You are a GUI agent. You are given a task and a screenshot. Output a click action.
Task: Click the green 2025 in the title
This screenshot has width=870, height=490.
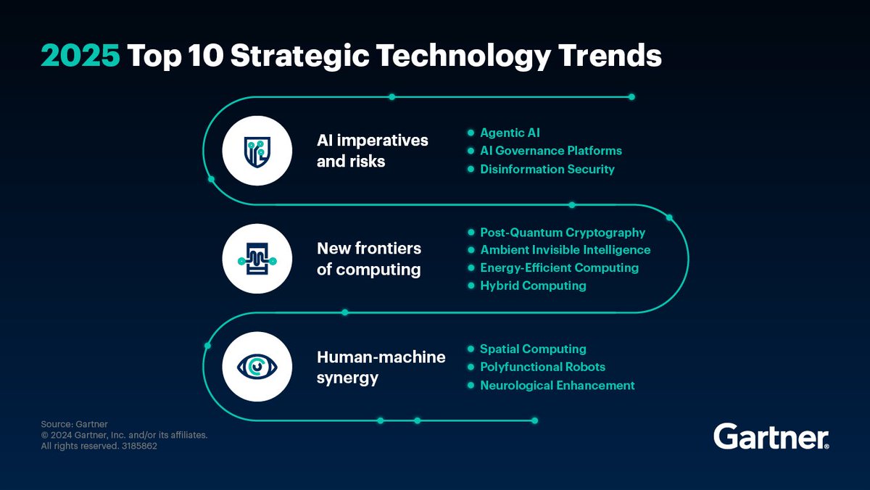[80, 57]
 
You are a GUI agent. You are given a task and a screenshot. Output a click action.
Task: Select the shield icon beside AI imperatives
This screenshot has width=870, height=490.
[257, 151]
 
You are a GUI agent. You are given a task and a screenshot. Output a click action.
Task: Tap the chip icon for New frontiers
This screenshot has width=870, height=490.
[257, 259]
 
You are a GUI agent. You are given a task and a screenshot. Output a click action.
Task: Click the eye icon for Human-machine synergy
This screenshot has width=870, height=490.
[257, 367]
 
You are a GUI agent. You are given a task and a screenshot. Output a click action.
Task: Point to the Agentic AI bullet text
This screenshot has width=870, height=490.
[510, 133]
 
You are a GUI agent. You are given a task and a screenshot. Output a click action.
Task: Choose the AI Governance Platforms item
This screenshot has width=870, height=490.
[550, 151]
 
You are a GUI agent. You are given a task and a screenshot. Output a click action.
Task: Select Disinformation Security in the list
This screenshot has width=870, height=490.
[547, 169]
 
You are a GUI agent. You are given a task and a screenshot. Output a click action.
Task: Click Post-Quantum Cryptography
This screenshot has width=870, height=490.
[562, 233]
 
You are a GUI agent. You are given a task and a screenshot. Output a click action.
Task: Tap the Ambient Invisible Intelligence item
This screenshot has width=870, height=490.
[565, 250]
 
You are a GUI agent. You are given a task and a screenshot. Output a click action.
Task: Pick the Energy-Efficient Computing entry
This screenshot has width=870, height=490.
[559, 267]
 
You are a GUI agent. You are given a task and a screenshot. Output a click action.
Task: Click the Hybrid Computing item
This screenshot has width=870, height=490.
[533, 286]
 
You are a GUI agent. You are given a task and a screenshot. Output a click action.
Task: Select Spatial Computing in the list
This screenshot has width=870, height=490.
[533, 349]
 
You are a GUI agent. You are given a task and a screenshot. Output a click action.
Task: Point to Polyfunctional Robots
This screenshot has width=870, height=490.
[542, 367]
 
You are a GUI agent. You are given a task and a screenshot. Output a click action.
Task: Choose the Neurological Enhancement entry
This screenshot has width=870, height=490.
[557, 386]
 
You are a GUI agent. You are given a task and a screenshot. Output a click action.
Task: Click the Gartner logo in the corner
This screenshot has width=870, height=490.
[771, 437]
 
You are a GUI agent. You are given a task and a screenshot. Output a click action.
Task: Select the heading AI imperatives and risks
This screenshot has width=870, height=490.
[372, 151]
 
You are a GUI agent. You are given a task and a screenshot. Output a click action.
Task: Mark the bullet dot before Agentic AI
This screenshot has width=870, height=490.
[471, 133]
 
